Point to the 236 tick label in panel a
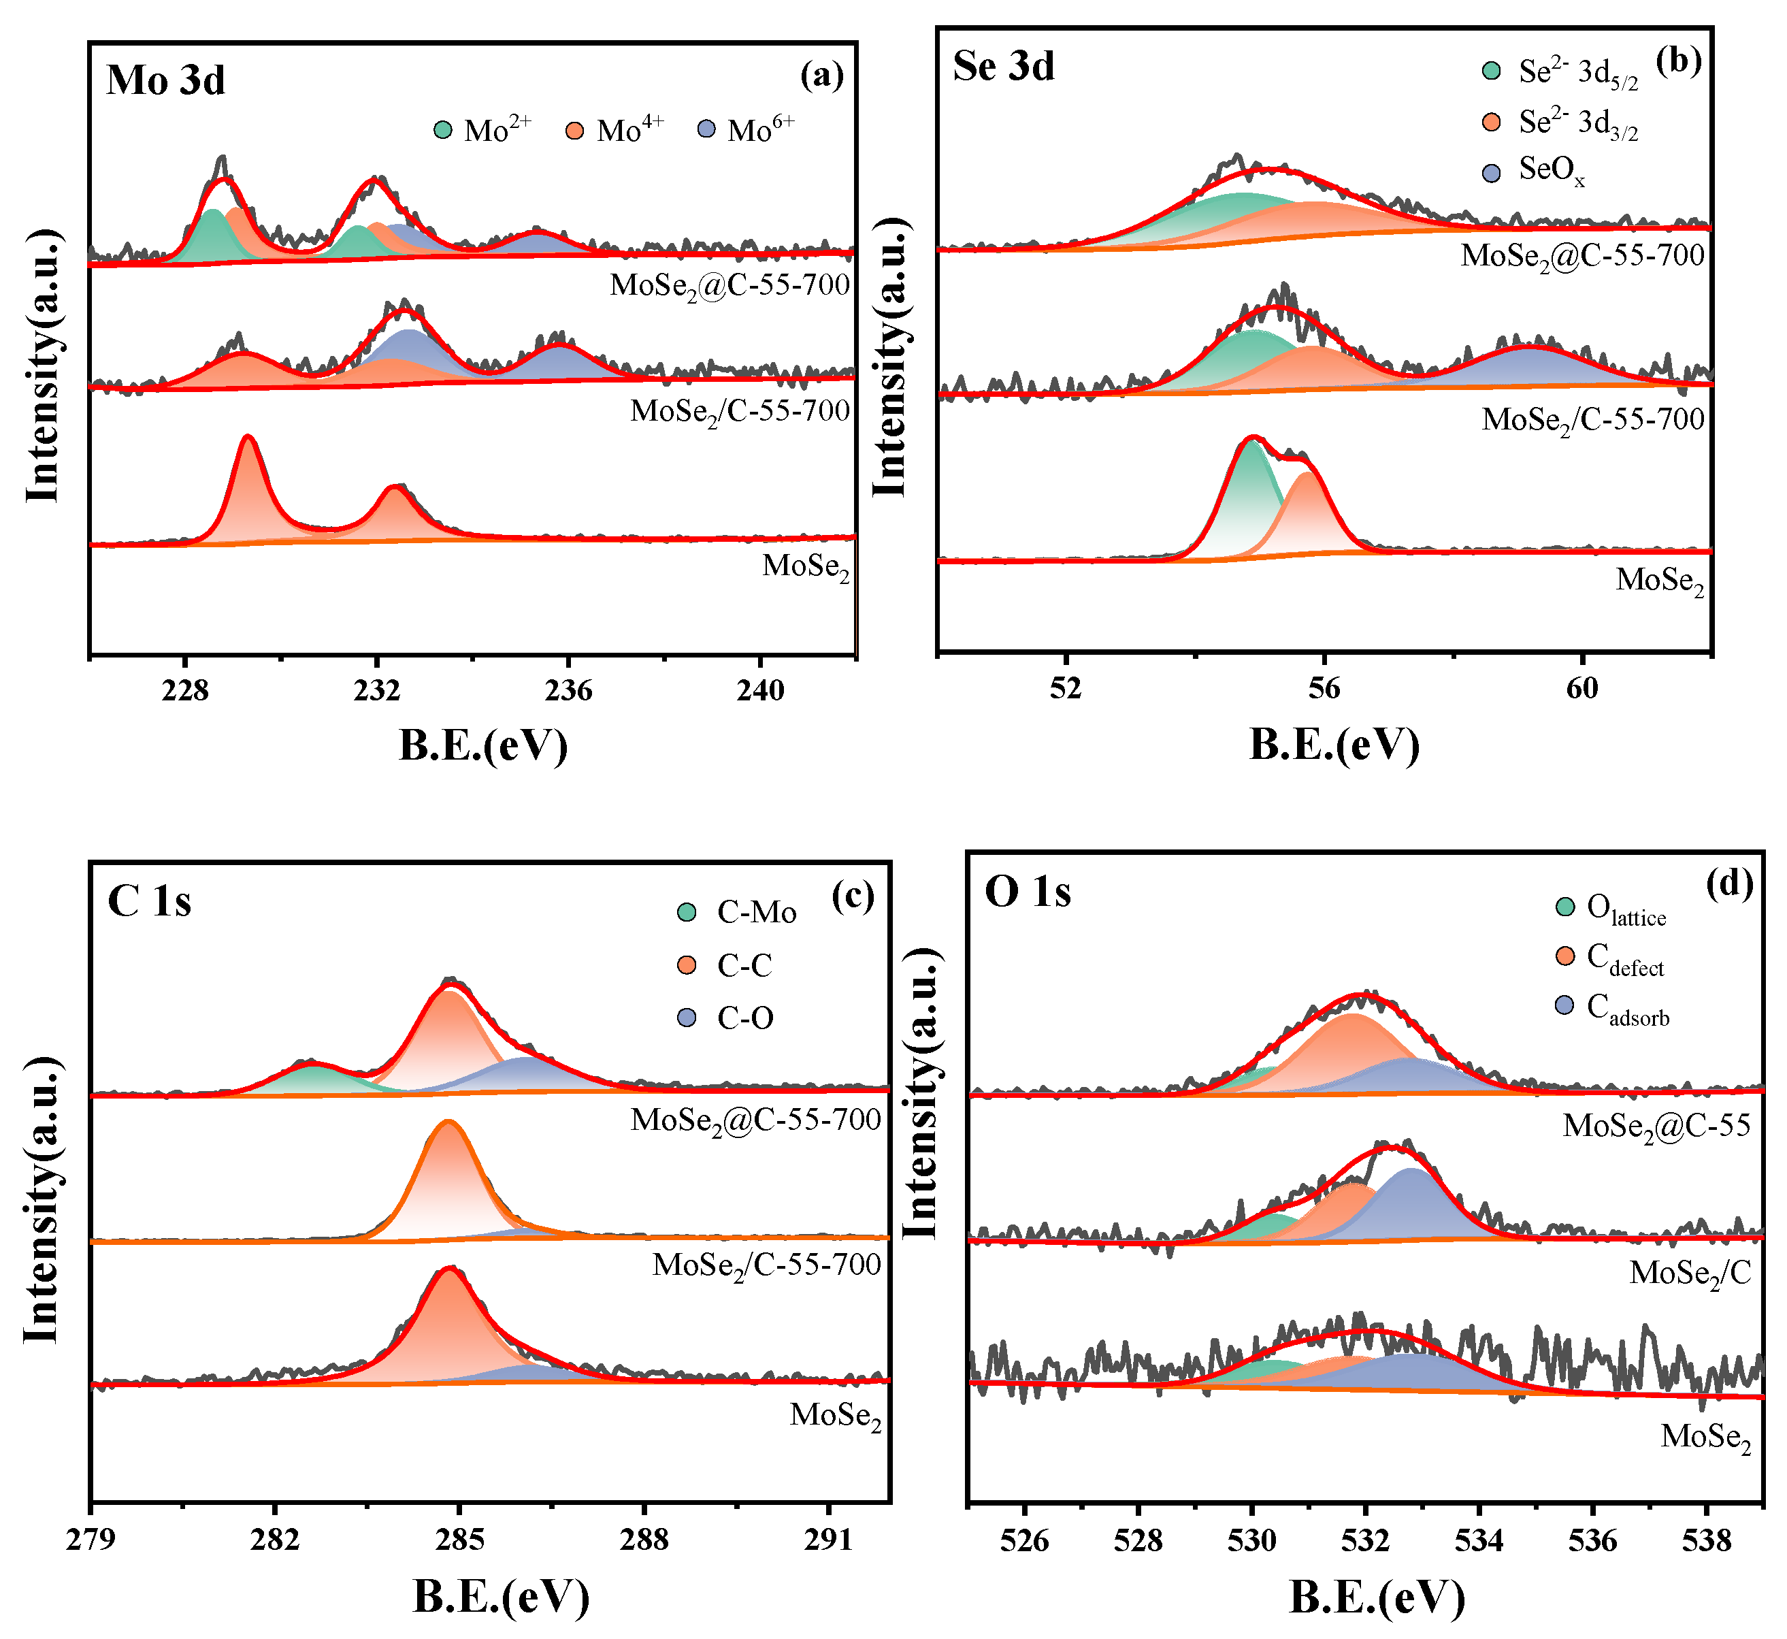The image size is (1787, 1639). point(568,690)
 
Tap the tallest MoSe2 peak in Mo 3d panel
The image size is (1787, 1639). point(248,438)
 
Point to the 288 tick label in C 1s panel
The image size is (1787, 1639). point(644,1540)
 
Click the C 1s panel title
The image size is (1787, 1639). point(149,901)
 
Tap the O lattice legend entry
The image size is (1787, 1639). point(1611,909)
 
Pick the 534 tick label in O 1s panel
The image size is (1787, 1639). point(1478,1540)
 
